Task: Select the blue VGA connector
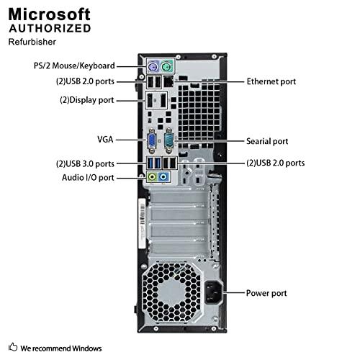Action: (x=153, y=140)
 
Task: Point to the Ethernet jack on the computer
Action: (x=168, y=82)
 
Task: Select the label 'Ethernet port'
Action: (x=271, y=82)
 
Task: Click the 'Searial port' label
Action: (x=267, y=141)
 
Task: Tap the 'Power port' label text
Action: (x=266, y=293)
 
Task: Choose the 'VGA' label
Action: (x=104, y=140)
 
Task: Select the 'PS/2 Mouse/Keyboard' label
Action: (x=73, y=66)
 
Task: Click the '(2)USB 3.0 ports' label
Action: (x=85, y=163)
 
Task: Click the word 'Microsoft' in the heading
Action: (x=50, y=14)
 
